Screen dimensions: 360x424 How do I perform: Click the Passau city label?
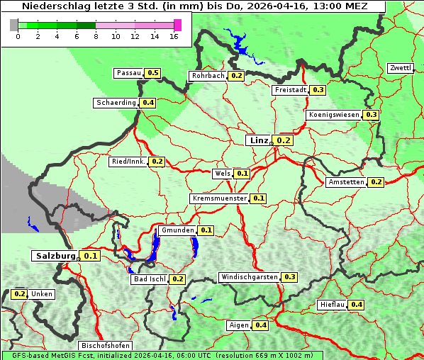[128, 73]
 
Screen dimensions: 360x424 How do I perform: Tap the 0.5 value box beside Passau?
[153, 73]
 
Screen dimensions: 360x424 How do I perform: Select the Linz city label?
[259, 140]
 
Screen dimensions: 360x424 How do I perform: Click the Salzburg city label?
[55, 256]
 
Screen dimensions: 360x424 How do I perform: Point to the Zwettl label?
[401, 68]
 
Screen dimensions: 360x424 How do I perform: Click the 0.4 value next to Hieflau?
[357, 305]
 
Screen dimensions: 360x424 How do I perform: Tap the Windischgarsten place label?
[249, 276]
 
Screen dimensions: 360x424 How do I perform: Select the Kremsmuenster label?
[220, 198]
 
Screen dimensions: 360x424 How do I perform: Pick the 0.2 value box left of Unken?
[20, 293]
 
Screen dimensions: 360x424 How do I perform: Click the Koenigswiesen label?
[334, 115]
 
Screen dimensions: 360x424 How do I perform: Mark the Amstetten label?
[346, 182]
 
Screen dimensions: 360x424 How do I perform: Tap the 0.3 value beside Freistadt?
[318, 90]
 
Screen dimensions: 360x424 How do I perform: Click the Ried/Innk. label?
[128, 162]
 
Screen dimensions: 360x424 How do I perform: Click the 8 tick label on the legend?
[96, 36]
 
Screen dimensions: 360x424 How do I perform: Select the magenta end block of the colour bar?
[177, 25]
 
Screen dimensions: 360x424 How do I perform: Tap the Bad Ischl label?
[149, 279]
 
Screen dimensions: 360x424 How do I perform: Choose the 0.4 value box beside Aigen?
[260, 325]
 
